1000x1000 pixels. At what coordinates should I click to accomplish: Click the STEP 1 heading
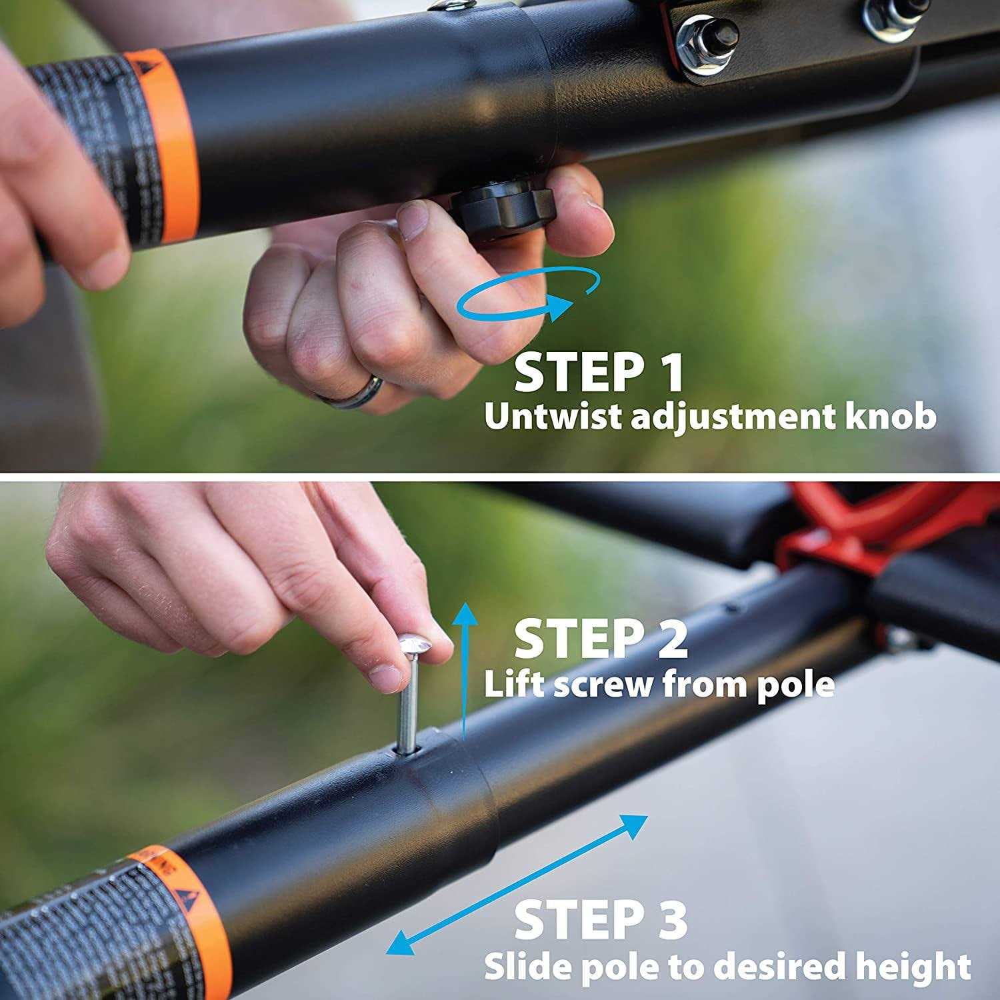pos(599,373)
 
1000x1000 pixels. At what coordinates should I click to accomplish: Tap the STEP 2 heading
pos(600,639)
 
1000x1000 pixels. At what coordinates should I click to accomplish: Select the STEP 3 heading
pos(600,920)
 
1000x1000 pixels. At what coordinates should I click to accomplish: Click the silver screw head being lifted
pos(414,645)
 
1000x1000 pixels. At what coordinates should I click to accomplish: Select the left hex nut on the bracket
pos(707,41)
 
